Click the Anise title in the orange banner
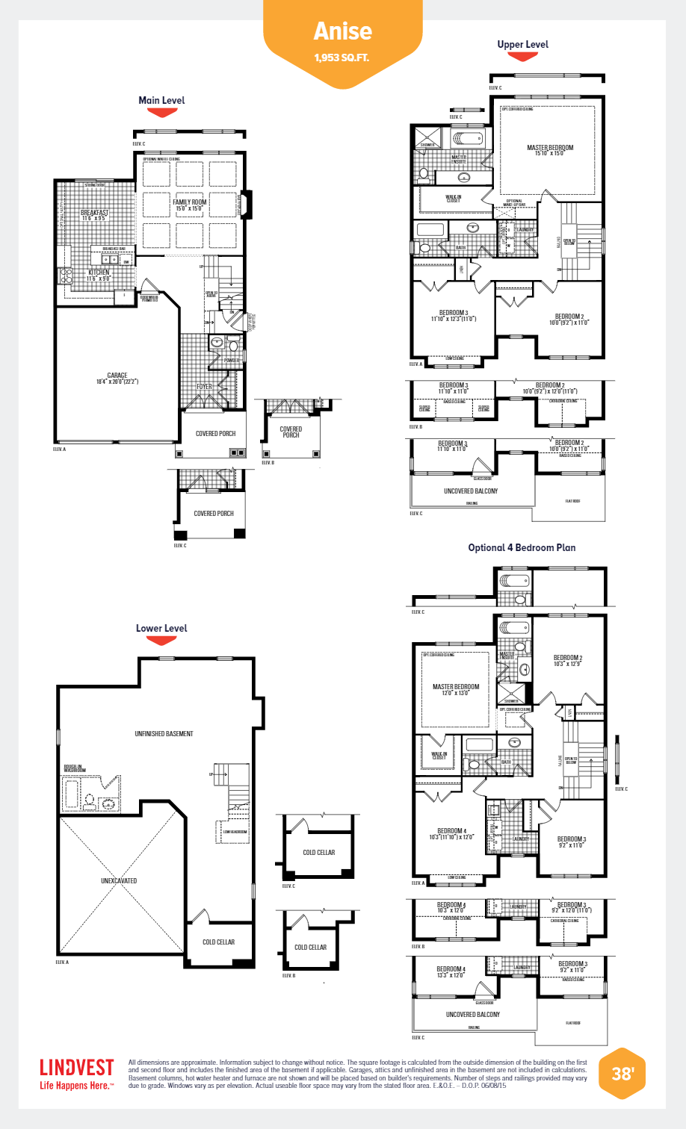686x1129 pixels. pyautogui.click(x=342, y=31)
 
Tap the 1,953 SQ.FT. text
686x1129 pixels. pyautogui.click(x=342, y=57)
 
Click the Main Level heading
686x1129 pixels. pyautogui.click(x=161, y=100)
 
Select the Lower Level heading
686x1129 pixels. pyautogui.click(x=161, y=628)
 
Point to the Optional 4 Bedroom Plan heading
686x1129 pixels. pyautogui.click(x=522, y=547)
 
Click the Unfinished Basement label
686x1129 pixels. pyautogui.click(x=164, y=734)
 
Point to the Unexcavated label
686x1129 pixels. pyautogui.click(x=119, y=881)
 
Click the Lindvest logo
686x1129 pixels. pyautogui.click(x=76, y=1068)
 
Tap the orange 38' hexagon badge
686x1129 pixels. pyautogui.click(x=622, y=1074)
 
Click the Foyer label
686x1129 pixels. pyautogui.click(x=204, y=387)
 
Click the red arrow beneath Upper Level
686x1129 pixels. pyautogui.click(x=522, y=57)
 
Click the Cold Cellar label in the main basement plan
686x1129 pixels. pyautogui.click(x=218, y=942)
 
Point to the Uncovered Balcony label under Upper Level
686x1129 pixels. pyautogui.click(x=471, y=491)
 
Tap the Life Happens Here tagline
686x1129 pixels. pyautogui.click(x=76, y=1086)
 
